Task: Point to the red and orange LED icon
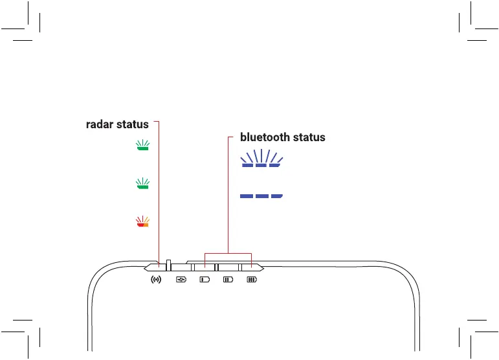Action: pos(142,222)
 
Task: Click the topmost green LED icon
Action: pos(142,146)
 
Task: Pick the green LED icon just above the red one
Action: pos(142,184)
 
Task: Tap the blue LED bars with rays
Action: pos(261,159)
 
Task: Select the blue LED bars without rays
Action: pos(261,196)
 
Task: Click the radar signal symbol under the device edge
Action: pos(155,280)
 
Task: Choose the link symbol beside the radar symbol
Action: pos(181,280)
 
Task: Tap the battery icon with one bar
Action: pos(205,280)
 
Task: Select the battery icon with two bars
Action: pos(228,280)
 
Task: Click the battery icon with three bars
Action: pos(251,280)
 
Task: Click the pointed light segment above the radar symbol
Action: pos(155,266)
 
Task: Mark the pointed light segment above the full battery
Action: pos(252,266)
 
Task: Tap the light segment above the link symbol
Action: pos(181,266)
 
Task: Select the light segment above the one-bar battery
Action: pos(205,266)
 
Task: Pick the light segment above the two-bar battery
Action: pos(228,266)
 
